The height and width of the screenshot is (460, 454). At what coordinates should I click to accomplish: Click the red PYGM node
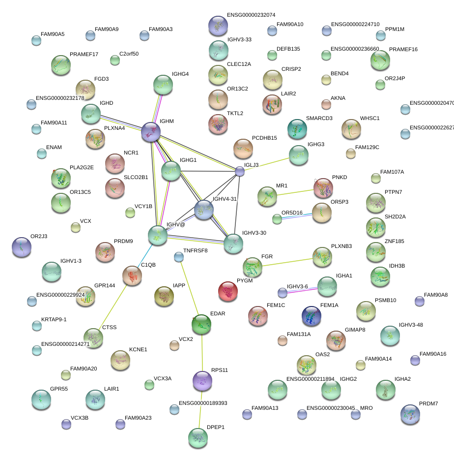(x=227, y=291)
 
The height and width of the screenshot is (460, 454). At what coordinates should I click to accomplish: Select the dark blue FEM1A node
(x=312, y=315)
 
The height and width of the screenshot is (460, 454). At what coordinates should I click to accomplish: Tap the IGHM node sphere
(x=151, y=131)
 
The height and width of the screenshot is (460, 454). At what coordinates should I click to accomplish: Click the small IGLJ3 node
(x=239, y=171)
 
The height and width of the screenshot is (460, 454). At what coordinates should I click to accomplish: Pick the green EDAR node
(x=201, y=324)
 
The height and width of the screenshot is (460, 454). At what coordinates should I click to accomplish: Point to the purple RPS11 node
(x=202, y=380)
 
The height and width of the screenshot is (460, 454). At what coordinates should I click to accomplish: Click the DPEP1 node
(x=198, y=437)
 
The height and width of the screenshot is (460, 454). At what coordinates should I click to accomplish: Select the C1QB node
(x=132, y=276)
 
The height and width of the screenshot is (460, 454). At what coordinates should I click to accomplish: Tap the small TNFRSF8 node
(x=179, y=256)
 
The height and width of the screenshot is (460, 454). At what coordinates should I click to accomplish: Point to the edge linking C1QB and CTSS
(x=113, y=306)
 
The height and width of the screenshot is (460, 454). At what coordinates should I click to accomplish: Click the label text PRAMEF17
(x=84, y=54)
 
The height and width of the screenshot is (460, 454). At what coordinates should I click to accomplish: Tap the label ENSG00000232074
(x=251, y=15)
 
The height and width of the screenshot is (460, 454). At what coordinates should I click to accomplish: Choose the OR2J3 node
(x=22, y=246)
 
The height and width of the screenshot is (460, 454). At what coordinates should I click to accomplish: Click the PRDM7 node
(x=410, y=414)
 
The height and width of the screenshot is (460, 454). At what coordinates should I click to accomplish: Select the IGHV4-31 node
(x=204, y=210)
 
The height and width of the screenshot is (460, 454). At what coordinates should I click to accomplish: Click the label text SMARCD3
(x=319, y=119)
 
